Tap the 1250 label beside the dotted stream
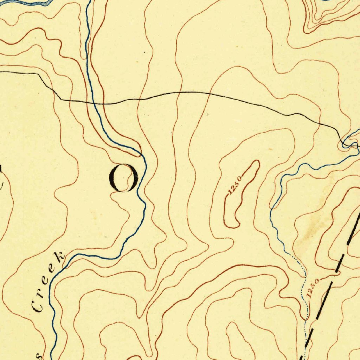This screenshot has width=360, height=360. (313, 289)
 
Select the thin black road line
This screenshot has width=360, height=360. (211, 94)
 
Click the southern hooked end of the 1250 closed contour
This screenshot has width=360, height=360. (232, 225)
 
